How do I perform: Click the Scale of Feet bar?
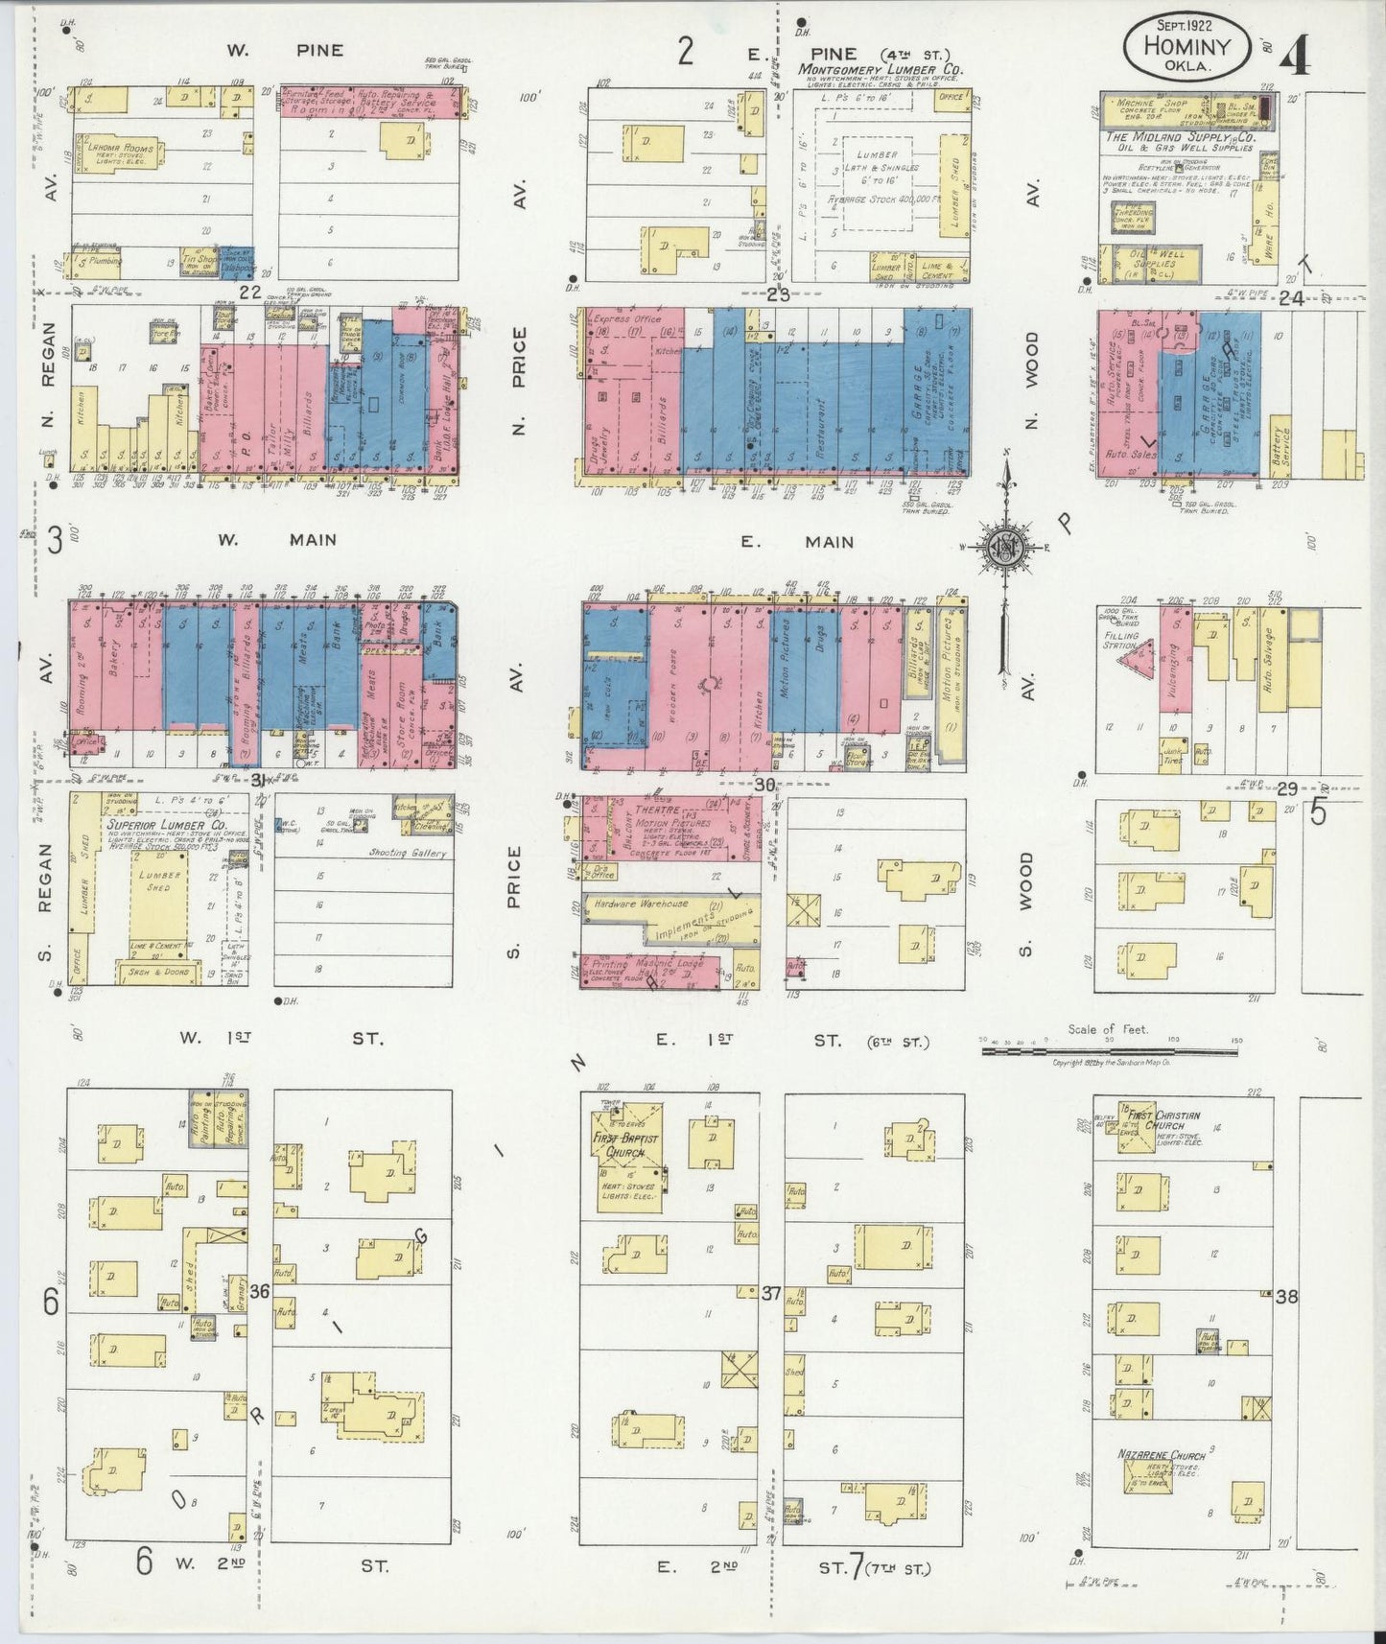pos(1109,1051)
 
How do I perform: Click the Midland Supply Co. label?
pos(1180,138)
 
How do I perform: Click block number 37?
pos(770,1293)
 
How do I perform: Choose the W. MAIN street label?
pos(274,540)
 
